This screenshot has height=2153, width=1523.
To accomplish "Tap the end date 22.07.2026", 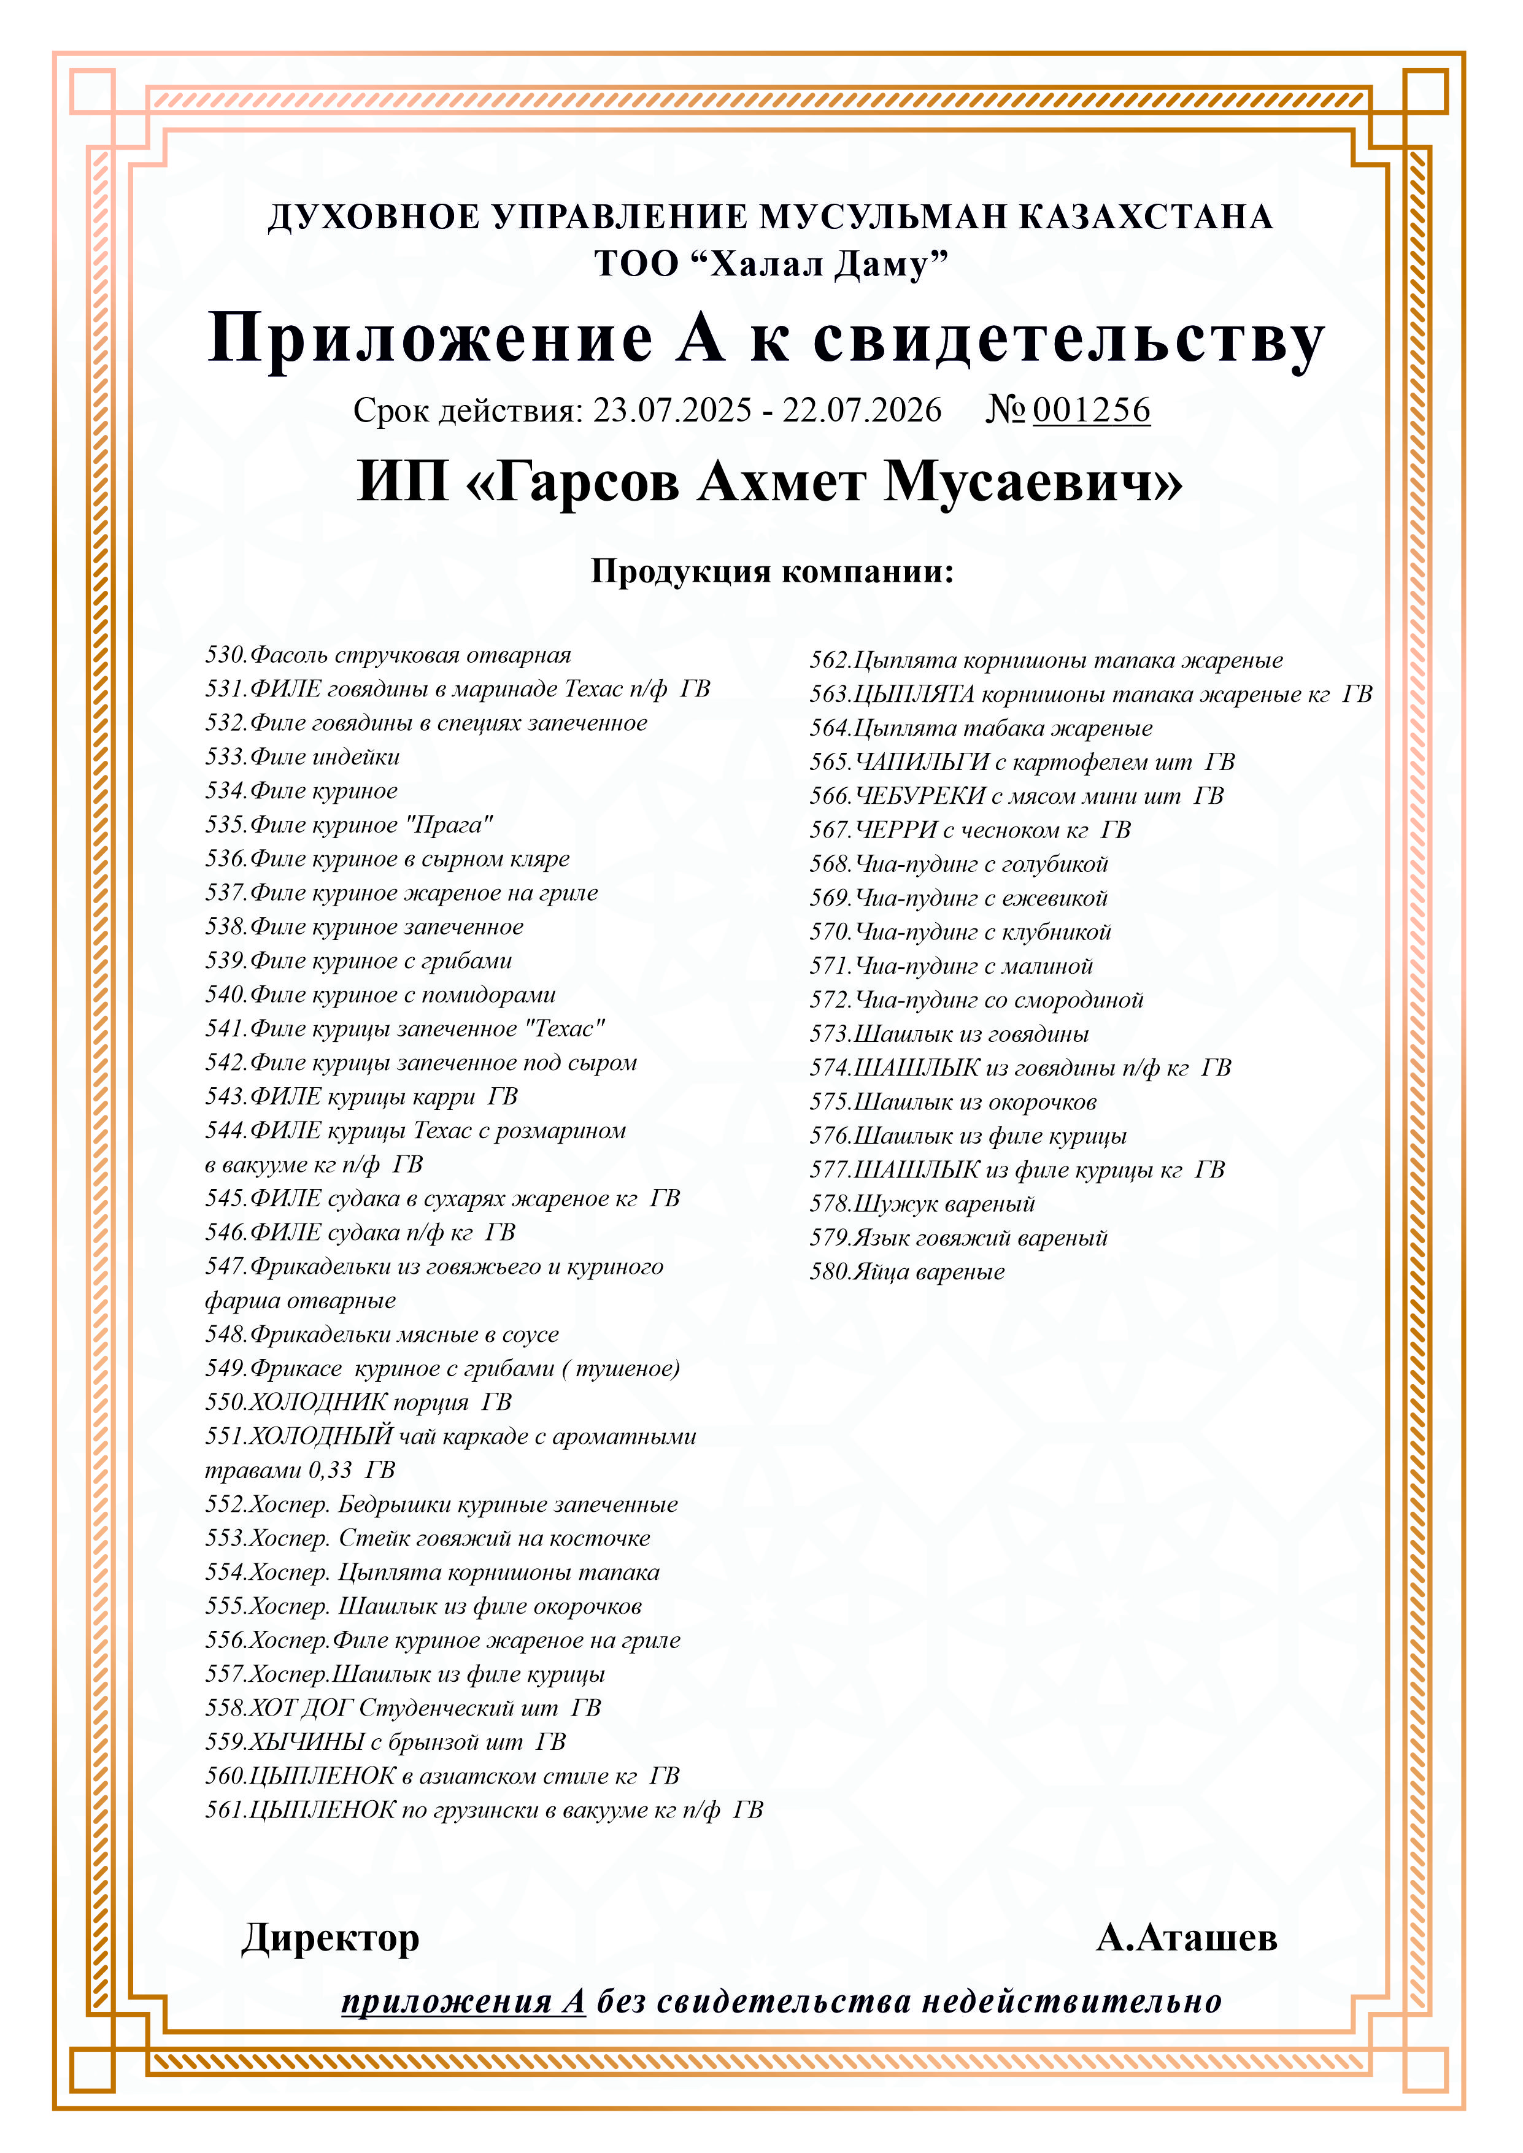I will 862,410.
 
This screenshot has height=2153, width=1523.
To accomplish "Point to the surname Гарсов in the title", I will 587,482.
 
